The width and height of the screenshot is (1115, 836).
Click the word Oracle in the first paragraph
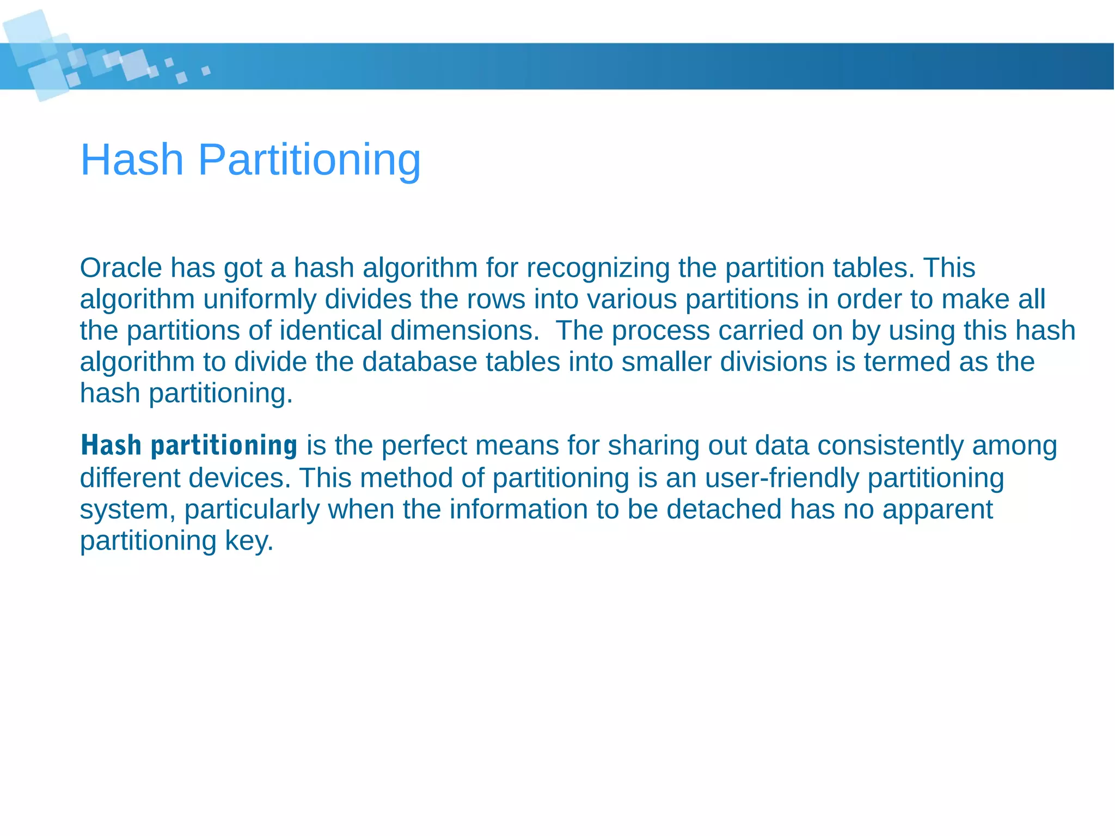[121, 268]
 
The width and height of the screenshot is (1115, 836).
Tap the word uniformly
[260, 300]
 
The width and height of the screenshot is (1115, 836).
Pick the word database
[419, 362]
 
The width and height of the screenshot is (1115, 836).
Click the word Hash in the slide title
[132, 160]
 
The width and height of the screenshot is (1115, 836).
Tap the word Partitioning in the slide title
[309, 160]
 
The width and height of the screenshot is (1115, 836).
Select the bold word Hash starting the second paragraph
[111, 446]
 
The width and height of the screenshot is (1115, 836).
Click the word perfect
[424, 446]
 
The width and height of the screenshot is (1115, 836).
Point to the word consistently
[890, 446]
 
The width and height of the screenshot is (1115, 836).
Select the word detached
[724, 510]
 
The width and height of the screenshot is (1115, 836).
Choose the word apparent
[938, 510]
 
